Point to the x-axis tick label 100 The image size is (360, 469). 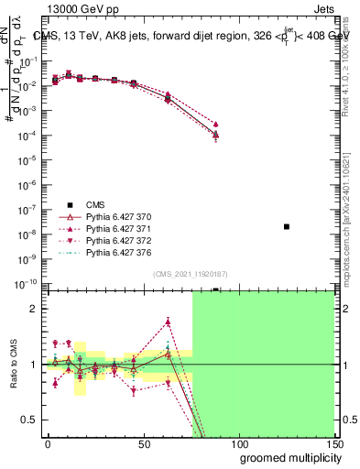(x=238, y=444)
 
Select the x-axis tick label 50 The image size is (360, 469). (x=144, y=444)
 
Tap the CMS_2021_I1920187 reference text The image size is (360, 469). (x=189, y=273)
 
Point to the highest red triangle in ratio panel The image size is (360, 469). (x=169, y=322)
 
